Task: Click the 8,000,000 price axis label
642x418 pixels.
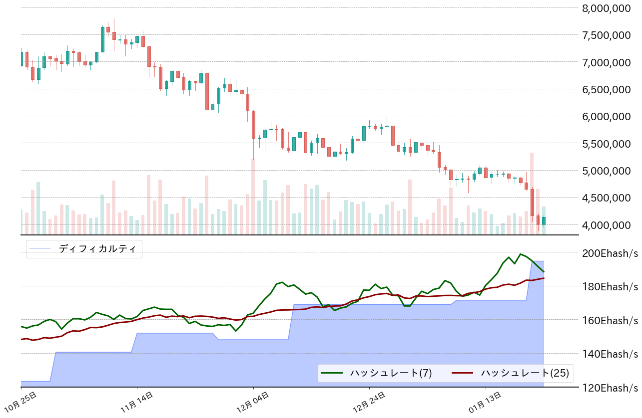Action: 610,8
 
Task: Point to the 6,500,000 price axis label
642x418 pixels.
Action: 610,89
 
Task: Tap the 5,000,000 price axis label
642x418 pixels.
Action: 610,171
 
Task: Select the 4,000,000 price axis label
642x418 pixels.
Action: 610,225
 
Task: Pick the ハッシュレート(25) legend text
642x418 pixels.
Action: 525,373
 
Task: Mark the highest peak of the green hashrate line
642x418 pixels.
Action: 521,254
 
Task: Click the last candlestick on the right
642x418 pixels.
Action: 544,220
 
